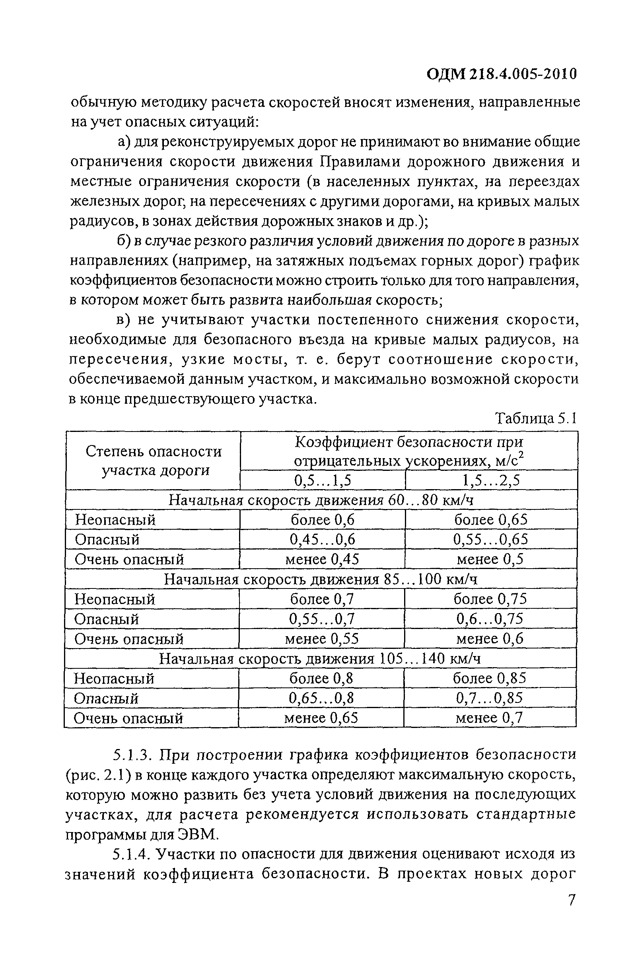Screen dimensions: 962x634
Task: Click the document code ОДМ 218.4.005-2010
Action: [502, 74]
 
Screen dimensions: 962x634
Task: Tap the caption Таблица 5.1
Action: [536, 418]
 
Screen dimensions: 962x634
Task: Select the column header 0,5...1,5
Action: [323, 480]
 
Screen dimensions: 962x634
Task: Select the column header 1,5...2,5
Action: [491, 480]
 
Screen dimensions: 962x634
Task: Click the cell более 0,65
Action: [491, 519]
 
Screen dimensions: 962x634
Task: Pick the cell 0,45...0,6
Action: [323, 539]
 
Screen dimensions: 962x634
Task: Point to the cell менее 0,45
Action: [322, 559]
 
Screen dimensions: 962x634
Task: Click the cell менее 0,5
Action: [490, 559]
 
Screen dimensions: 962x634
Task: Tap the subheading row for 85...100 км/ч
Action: [321, 579]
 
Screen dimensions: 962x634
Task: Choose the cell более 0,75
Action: [490, 599]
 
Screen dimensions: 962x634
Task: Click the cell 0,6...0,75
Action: [490, 619]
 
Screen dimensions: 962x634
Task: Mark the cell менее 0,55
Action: [322, 639]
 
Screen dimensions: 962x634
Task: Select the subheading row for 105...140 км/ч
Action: [320, 659]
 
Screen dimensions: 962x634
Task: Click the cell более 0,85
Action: [490, 678]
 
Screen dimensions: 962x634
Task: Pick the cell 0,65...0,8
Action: [321, 698]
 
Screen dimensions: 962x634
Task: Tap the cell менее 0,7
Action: [490, 718]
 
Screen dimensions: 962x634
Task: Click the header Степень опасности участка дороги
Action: [154, 461]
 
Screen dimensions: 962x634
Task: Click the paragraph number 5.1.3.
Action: [132, 755]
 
